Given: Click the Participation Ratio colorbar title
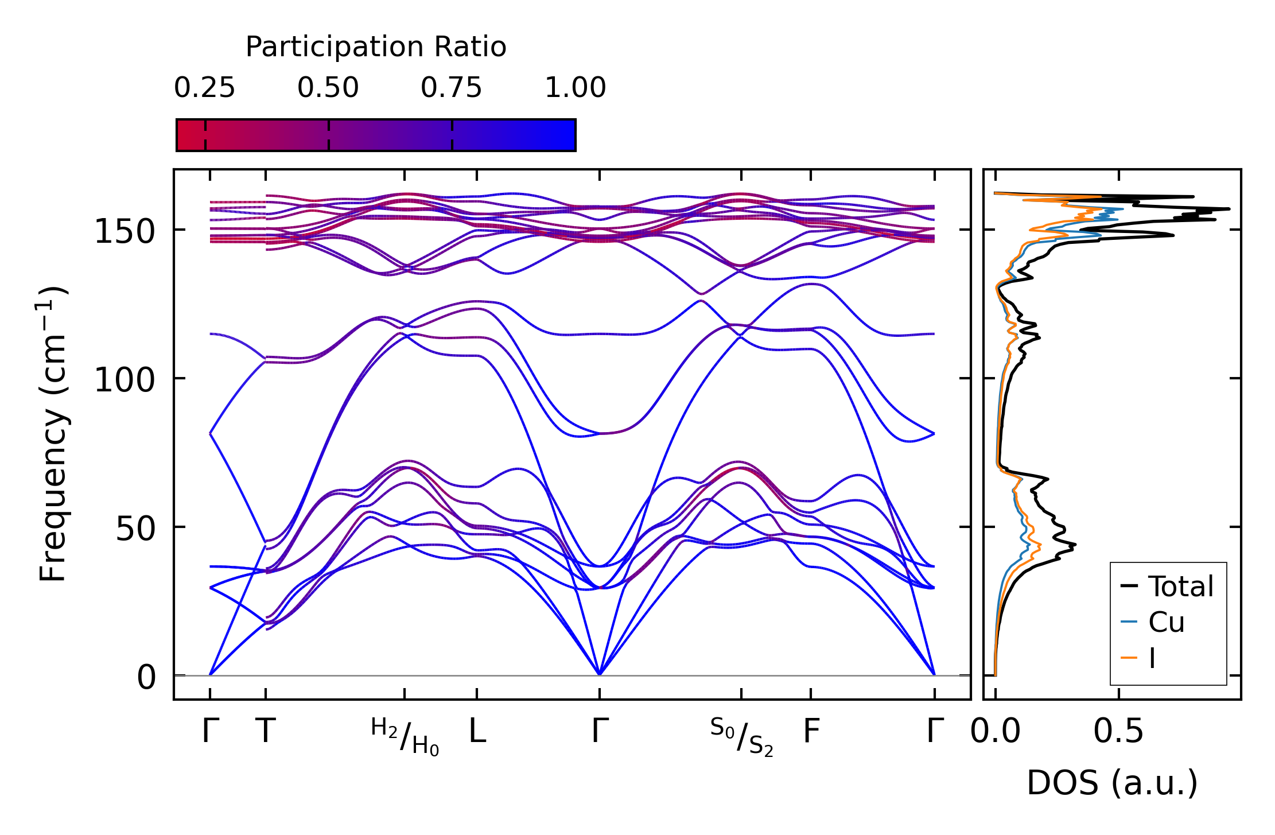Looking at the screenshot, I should tap(376, 47).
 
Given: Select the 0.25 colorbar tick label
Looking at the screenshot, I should tap(205, 88).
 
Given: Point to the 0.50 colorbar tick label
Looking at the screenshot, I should tap(328, 88).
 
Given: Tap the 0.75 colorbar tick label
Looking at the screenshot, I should tap(452, 88).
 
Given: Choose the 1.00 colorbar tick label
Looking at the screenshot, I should tap(575, 88).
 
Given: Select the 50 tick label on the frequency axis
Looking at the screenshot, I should tap(135, 529).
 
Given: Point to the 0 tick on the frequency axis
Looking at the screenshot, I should tap(146, 677).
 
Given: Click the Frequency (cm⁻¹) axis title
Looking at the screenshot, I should tap(53, 434).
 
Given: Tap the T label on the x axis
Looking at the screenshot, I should tap(265, 731).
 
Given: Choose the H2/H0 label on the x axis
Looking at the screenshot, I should tap(405, 736).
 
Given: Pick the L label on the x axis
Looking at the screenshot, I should tap(477, 731).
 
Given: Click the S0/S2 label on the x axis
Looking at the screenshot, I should tap(741, 736).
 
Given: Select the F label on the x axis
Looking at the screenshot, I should tap(811, 731).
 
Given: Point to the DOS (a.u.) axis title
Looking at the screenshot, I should tap(1112, 783).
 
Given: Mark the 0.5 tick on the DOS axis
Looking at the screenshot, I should tap(1118, 731).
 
